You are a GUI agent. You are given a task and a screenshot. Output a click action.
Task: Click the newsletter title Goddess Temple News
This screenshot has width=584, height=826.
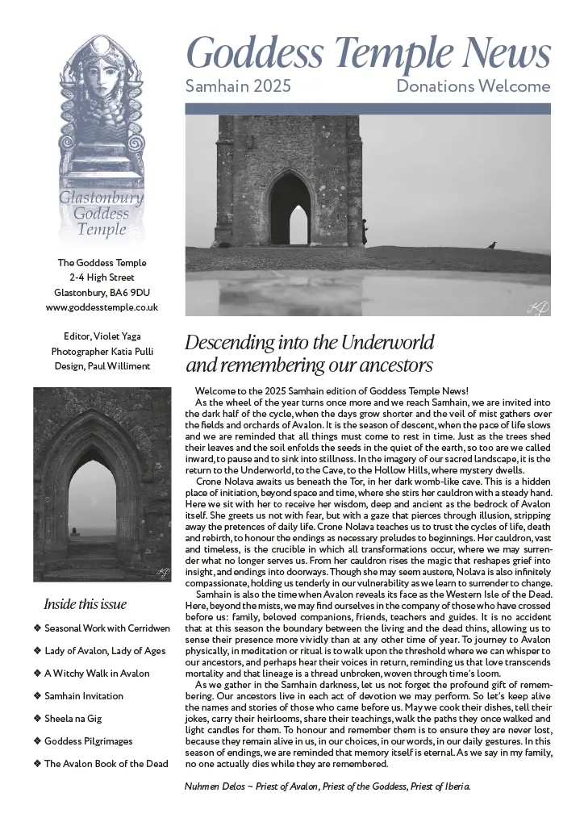369,53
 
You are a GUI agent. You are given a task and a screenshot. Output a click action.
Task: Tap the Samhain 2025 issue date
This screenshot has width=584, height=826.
238,86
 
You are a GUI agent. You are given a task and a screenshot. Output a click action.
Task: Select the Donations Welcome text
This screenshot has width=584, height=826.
473,86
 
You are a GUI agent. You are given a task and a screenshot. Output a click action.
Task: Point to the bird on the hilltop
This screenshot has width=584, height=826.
491,244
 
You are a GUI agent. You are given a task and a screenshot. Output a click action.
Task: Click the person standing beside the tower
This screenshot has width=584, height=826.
365,232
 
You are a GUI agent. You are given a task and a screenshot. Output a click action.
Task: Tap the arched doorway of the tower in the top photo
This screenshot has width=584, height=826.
290,211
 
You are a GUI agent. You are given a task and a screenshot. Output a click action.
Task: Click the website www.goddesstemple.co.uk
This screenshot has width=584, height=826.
102,307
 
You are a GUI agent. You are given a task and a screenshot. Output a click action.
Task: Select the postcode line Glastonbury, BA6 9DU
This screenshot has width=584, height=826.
102,292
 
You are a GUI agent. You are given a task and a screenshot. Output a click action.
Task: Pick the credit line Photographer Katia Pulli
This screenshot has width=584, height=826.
102,351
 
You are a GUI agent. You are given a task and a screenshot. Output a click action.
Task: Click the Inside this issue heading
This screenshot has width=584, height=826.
85,604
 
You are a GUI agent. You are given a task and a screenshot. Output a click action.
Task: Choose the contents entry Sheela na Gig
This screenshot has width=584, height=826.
73,718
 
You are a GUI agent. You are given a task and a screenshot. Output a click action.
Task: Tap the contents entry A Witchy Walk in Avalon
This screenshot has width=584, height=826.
97,673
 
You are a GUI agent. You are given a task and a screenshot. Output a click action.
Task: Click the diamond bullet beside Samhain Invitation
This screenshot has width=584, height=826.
37,695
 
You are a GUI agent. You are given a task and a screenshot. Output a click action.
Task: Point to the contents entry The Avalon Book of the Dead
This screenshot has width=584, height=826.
106,763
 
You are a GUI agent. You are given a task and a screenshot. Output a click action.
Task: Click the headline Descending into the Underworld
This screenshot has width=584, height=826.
310,341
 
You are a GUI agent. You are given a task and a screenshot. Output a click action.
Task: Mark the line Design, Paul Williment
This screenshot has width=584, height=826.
102,366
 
